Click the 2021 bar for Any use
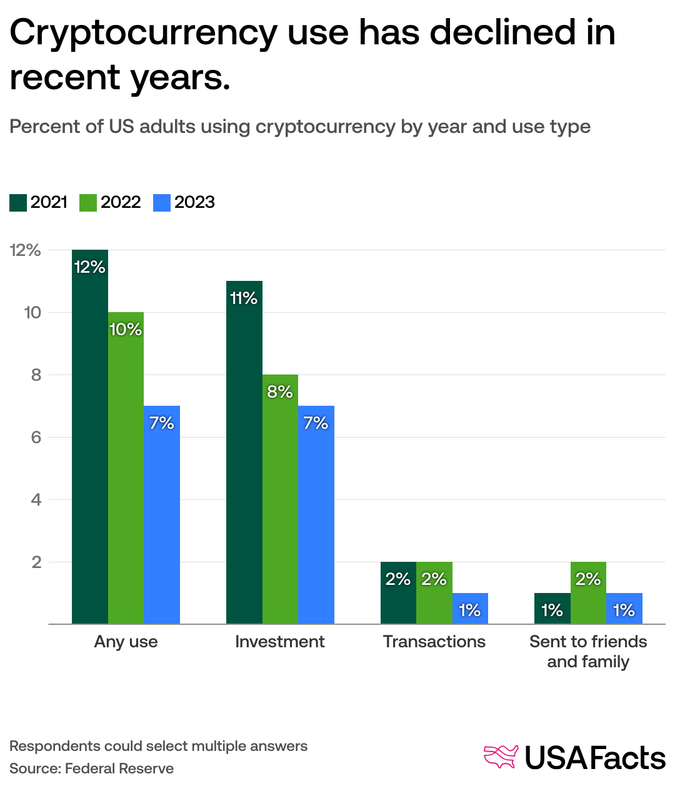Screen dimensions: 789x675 [90, 437]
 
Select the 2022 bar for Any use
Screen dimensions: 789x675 [126, 468]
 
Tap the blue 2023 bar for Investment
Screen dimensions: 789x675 [316, 515]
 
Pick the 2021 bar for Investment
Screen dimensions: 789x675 [244, 453]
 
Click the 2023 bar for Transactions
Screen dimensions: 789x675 [470, 609]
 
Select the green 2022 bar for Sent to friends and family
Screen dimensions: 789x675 [588, 593]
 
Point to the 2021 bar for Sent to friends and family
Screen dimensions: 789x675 [552, 609]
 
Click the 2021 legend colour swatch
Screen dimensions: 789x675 [18, 203]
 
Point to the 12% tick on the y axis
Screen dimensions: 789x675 [26, 250]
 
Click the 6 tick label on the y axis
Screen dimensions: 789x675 [36, 438]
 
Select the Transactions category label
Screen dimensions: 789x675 [434, 642]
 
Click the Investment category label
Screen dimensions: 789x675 [279, 642]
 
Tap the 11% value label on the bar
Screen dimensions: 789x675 [244, 298]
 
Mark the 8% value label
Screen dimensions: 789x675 [279, 392]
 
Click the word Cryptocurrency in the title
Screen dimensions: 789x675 [143, 32]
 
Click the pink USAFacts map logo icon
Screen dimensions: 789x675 [501, 757]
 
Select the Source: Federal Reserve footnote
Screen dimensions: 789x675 [91, 768]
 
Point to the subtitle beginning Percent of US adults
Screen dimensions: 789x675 [300, 127]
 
